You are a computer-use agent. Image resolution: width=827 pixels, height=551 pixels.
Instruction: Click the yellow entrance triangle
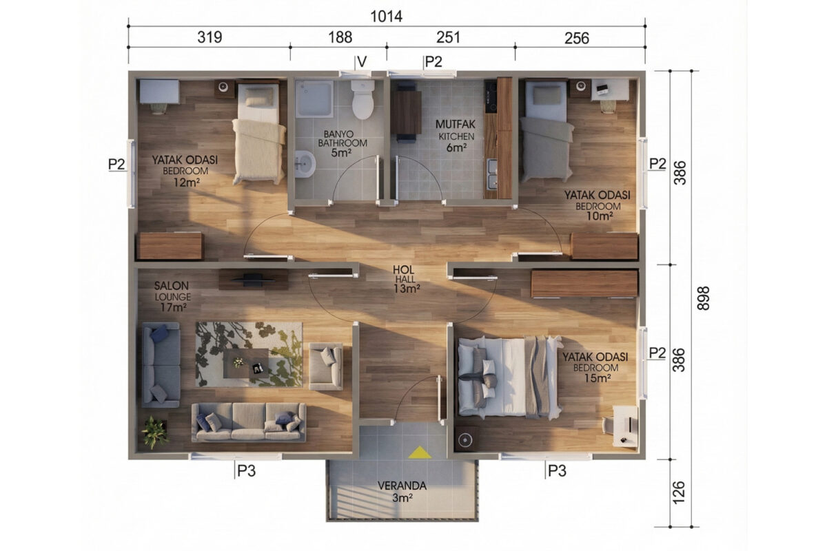(x=420, y=453)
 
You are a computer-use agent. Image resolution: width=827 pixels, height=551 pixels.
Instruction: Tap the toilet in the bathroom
(x=363, y=99)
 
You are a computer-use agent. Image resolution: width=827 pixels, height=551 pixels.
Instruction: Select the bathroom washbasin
(x=305, y=165)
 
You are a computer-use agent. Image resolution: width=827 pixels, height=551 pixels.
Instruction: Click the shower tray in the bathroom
(x=314, y=99)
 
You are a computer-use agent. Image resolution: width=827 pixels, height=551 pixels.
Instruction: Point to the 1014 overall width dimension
(x=386, y=17)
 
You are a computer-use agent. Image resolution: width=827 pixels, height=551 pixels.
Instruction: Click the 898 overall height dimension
(x=703, y=298)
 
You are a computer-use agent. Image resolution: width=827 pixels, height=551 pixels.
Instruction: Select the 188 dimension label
(x=340, y=38)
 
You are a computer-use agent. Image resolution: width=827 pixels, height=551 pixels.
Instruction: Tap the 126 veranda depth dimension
(x=679, y=492)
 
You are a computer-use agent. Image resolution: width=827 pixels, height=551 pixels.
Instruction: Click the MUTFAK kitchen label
(x=456, y=124)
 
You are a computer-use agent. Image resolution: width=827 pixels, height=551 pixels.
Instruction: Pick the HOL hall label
(x=404, y=270)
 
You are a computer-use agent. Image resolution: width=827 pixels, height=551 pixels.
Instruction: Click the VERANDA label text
(x=402, y=486)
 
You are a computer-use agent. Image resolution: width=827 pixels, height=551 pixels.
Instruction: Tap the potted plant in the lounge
(x=155, y=432)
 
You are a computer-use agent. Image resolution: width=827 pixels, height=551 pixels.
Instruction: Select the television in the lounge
(x=254, y=280)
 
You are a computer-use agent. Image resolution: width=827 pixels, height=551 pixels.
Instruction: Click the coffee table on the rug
(x=246, y=364)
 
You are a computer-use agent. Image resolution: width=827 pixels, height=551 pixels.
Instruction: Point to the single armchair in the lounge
(x=325, y=366)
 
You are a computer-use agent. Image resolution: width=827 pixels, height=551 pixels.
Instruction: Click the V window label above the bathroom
(x=363, y=62)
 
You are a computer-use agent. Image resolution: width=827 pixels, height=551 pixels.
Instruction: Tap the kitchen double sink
(x=492, y=174)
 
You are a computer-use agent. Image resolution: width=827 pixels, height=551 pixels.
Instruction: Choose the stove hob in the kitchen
(x=491, y=96)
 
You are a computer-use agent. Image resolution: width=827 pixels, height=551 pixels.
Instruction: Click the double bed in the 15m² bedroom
(x=509, y=377)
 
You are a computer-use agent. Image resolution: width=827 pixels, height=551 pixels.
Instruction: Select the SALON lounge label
(x=172, y=286)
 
